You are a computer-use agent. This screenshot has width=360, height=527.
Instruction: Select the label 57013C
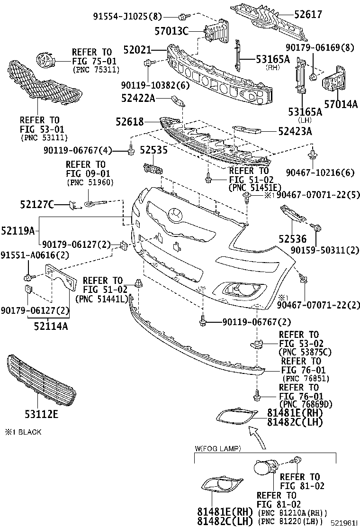[x=171, y=31]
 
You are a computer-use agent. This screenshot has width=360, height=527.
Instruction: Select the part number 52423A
[x=295, y=131]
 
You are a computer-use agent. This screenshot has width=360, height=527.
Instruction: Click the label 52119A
[x=18, y=231]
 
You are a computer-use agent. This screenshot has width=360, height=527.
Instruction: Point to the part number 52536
[x=292, y=239]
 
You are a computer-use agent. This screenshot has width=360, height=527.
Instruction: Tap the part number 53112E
[x=41, y=415]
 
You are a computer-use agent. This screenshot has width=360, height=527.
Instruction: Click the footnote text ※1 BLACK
[x=23, y=432]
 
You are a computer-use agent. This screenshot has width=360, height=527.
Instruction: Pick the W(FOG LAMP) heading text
[x=218, y=448]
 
